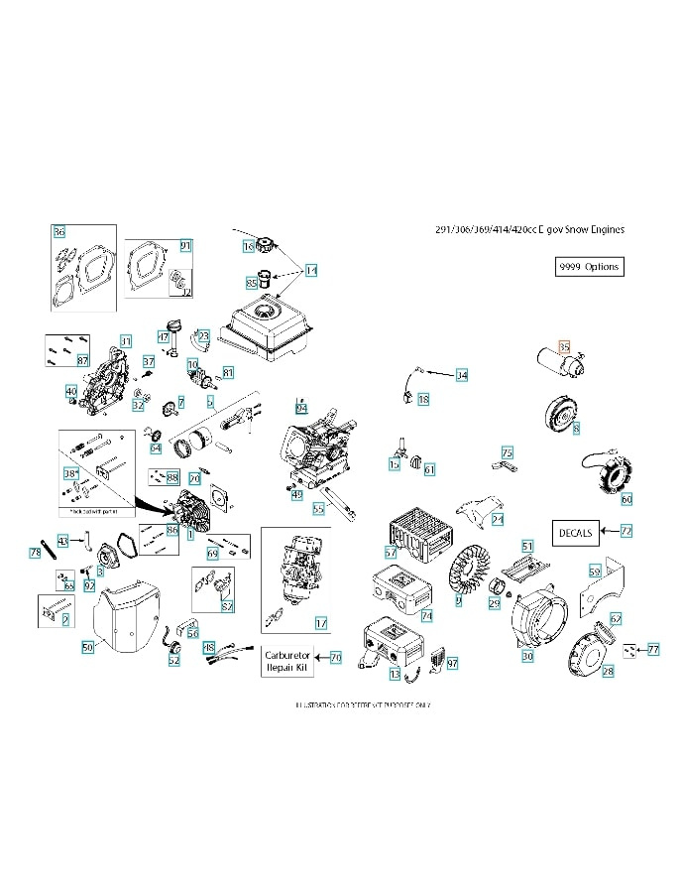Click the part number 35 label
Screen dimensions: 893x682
[564, 346]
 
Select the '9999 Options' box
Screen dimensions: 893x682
[590, 267]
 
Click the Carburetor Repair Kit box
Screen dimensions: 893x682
[287, 662]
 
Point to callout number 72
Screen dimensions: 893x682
[625, 532]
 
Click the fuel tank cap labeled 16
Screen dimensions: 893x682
[265, 246]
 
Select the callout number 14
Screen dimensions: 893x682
[310, 270]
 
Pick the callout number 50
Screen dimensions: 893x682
[86, 646]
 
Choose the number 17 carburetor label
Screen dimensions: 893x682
[320, 623]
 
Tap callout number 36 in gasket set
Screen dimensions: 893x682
[58, 232]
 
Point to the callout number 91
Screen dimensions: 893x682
[185, 245]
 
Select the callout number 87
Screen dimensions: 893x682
[83, 360]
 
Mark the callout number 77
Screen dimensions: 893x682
[652, 650]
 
